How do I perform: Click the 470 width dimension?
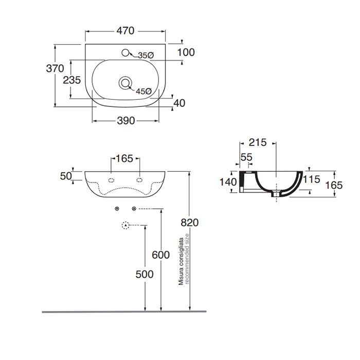pyautogui.click(x=124, y=31)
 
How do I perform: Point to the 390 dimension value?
pyautogui.click(x=125, y=121)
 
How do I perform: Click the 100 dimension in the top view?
pyautogui.click(x=186, y=52)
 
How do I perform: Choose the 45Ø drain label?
pyautogui.click(x=143, y=91)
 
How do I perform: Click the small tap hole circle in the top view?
pyautogui.click(x=127, y=51)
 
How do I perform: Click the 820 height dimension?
pyautogui.click(x=190, y=222)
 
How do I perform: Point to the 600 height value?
pyautogui.click(x=161, y=256)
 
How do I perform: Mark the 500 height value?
pyautogui.click(x=145, y=275)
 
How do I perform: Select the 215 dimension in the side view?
pyautogui.click(x=257, y=142)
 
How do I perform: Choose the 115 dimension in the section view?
pyautogui.click(x=311, y=179)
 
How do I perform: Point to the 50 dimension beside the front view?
pyautogui.click(x=66, y=176)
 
